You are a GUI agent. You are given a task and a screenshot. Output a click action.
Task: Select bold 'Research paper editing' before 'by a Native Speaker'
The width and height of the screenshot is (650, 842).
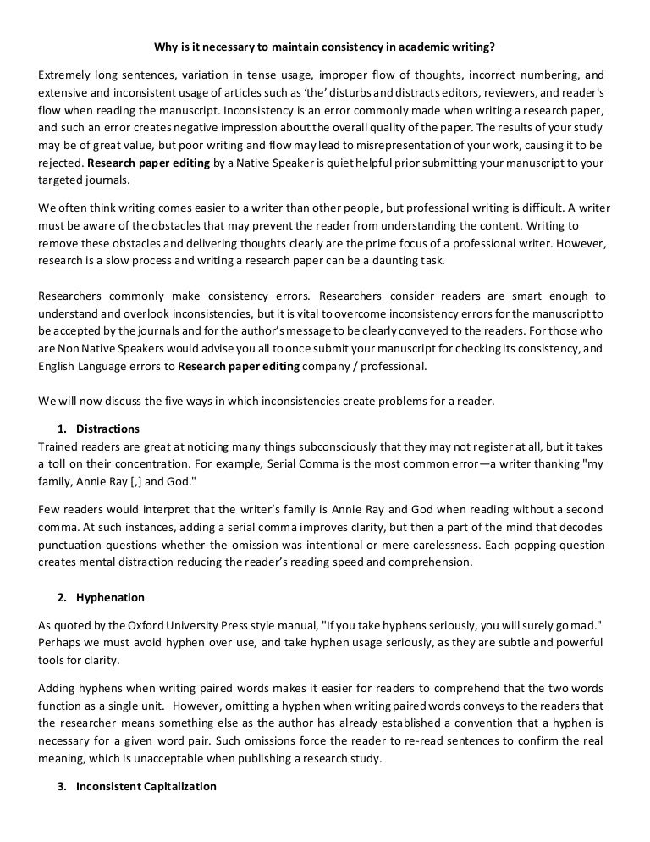point(149,163)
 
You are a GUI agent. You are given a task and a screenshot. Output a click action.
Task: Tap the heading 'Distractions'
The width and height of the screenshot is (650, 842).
point(107,429)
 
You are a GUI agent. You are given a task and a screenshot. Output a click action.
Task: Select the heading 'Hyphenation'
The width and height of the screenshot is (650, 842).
point(110,597)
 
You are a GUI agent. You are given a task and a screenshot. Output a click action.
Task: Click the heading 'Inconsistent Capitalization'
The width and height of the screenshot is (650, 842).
point(146,786)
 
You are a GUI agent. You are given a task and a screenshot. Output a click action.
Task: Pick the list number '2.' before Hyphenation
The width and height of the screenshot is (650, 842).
point(63,597)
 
